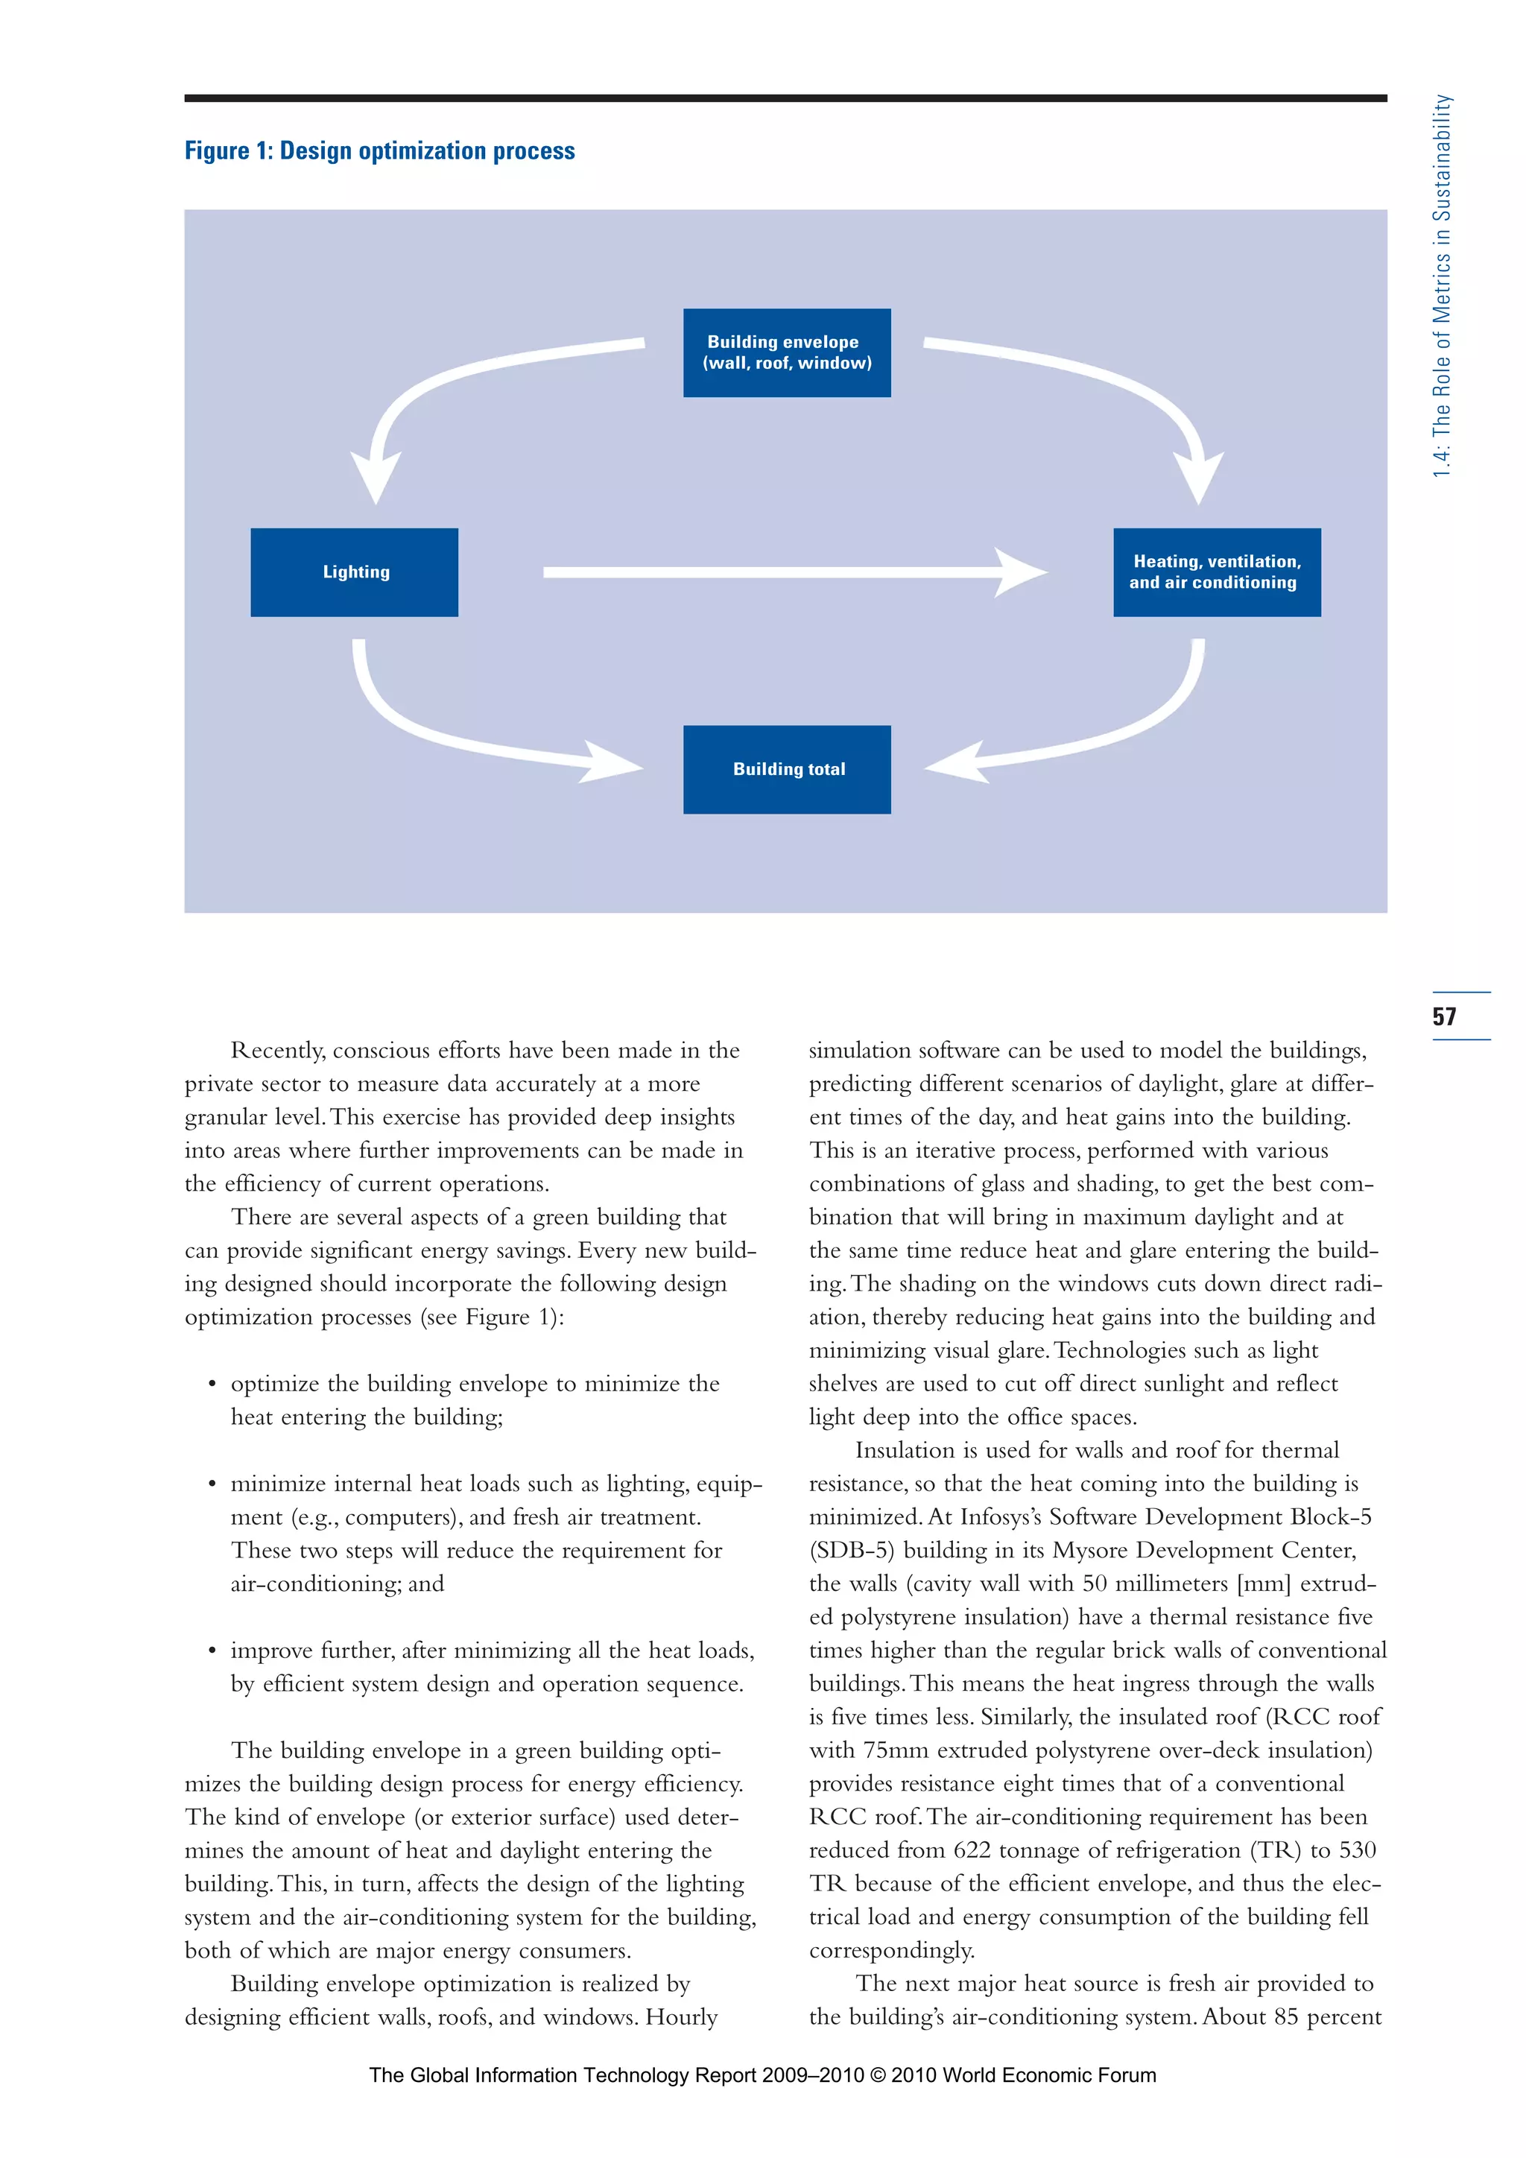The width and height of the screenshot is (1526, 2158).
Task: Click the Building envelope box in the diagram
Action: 787,352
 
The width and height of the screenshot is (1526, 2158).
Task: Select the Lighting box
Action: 354,572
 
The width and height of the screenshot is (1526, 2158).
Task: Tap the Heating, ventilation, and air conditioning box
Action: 1217,572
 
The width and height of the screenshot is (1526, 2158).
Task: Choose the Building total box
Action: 787,769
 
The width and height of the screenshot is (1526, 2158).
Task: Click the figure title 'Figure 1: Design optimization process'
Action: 379,151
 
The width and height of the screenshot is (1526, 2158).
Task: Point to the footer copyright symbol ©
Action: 878,2075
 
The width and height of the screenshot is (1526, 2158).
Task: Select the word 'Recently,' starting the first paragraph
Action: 278,1051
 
